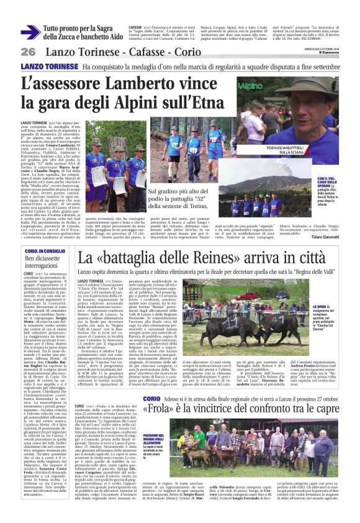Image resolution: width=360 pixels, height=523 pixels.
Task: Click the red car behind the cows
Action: click(x=248, y=297)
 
